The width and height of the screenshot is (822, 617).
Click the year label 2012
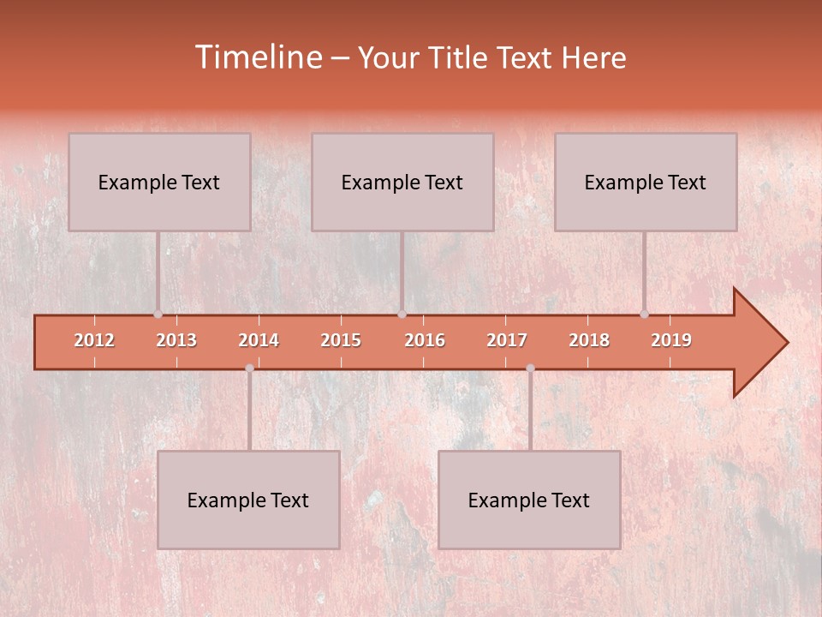coord(94,340)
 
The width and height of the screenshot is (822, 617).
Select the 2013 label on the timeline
coord(176,340)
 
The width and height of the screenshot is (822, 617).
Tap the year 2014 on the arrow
coord(259,340)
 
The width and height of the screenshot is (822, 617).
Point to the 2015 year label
coord(341,340)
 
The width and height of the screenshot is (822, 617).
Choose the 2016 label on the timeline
coord(425,340)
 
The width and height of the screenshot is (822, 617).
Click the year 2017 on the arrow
coord(507,340)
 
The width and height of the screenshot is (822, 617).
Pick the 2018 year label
coord(589,340)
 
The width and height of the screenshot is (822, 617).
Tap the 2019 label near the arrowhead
coord(671,340)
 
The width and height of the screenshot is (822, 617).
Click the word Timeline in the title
coord(257,57)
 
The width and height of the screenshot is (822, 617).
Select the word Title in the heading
coord(461,58)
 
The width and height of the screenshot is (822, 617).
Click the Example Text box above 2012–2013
coord(159,182)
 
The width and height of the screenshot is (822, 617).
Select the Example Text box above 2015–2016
coord(402,182)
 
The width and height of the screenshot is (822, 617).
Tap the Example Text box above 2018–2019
coord(646,182)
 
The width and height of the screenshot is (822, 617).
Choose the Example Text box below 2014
coord(248,500)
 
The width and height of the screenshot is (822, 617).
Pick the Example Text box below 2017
coord(529,500)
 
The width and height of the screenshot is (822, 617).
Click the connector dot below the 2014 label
coord(249,368)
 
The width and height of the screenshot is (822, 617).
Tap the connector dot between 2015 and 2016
coord(402,314)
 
